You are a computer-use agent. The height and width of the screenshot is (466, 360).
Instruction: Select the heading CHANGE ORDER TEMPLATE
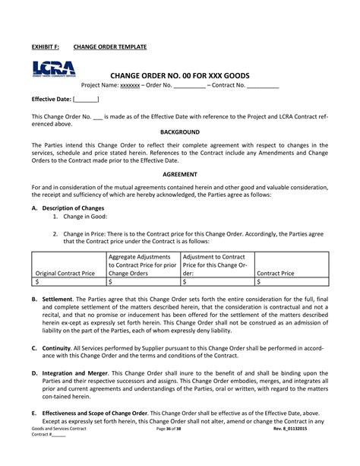tap(115, 47)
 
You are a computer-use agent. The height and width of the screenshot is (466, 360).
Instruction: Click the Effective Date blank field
tap(86, 100)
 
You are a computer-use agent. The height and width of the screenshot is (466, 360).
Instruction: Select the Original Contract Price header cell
tap(65, 271)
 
